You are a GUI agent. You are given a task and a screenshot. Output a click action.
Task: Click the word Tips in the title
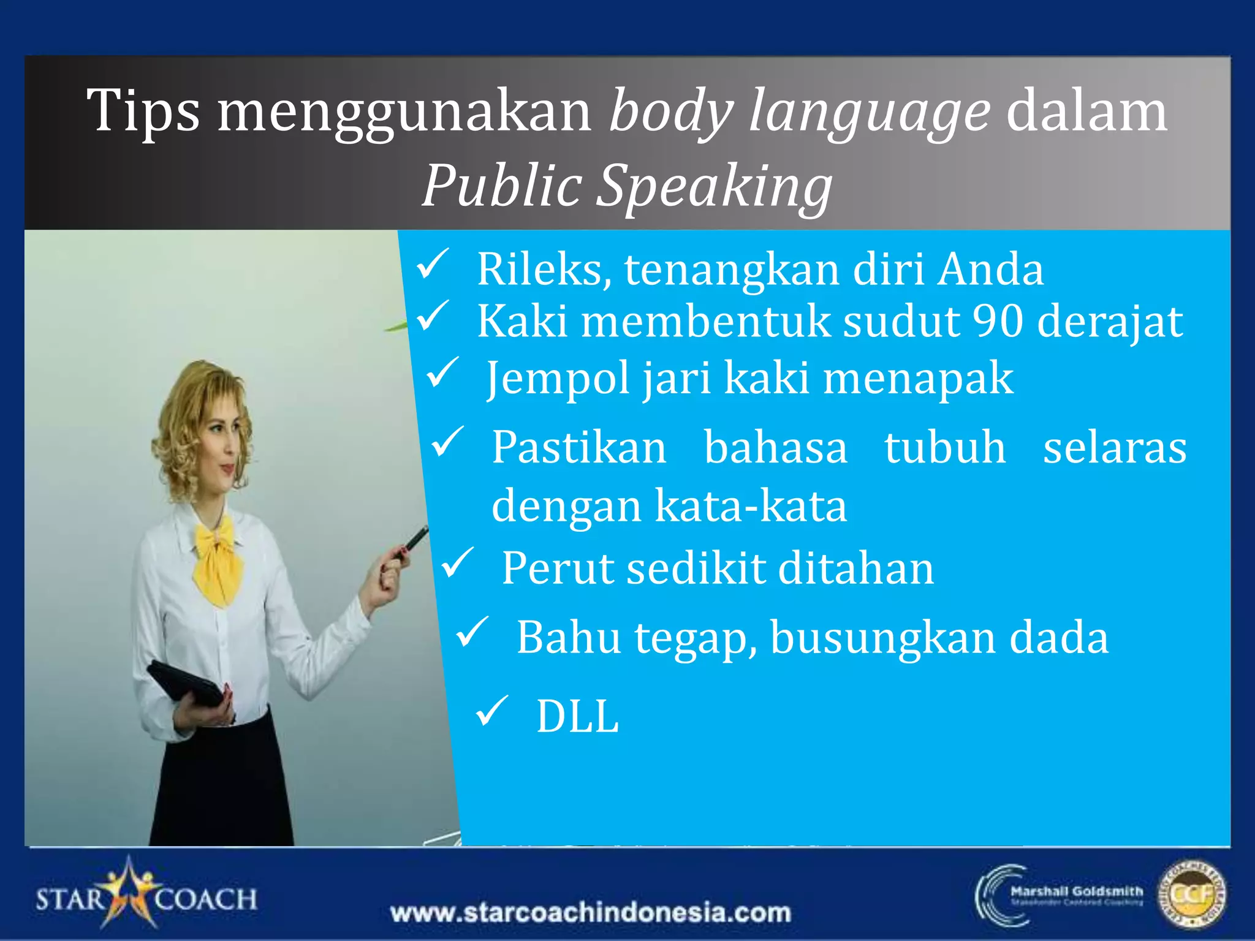coord(143,111)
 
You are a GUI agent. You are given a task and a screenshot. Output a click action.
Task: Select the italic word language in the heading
coord(869,112)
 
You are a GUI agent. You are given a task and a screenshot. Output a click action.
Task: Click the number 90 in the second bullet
coord(998,321)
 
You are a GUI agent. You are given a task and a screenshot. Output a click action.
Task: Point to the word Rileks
coord(544,270)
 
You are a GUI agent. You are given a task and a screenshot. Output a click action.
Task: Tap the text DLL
coord(577,716)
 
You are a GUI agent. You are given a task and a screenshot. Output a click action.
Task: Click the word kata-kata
coord(751,507)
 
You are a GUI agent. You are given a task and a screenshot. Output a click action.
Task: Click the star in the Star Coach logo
coord(129,892)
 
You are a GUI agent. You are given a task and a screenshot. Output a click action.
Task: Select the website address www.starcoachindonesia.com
coord(590,913)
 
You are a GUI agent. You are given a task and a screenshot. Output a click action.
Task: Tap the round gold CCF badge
coord(1191,895)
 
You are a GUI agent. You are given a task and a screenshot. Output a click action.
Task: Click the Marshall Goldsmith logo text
coord(1076,891)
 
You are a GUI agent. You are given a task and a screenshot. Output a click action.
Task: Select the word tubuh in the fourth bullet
coord(945,448)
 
